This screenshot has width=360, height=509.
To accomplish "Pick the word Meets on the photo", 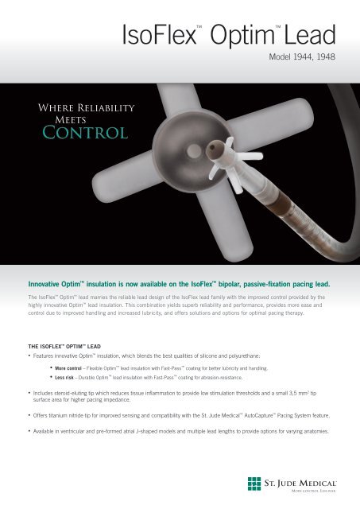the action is point(60,119).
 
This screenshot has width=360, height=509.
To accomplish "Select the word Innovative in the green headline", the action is point(45,282).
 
